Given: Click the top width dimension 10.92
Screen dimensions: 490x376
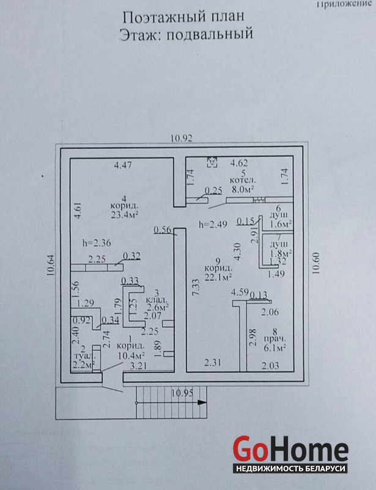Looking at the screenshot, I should [182, 138].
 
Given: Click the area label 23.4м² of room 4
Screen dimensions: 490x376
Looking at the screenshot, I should [124, 215].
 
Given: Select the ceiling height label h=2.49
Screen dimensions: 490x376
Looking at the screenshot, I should [211, 224].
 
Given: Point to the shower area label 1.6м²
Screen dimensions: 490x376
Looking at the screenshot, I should [279, 225].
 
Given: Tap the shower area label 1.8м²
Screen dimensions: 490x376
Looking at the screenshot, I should [279, 252].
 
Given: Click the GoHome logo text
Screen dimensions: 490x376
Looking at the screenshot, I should [290, 450].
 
